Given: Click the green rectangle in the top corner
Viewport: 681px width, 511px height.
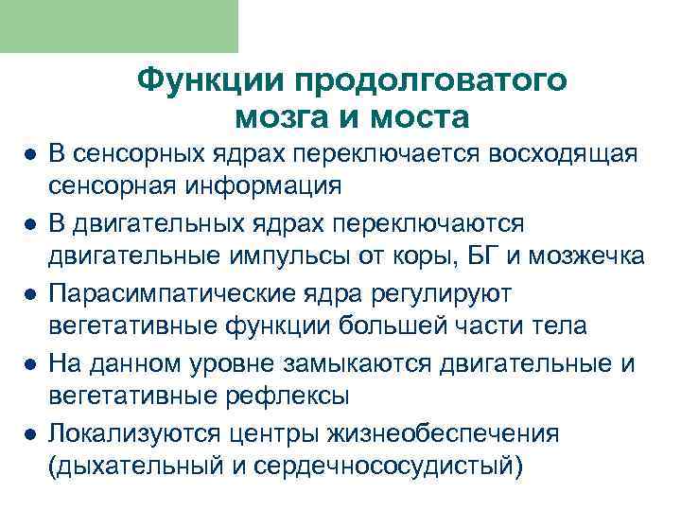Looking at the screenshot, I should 119,26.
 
